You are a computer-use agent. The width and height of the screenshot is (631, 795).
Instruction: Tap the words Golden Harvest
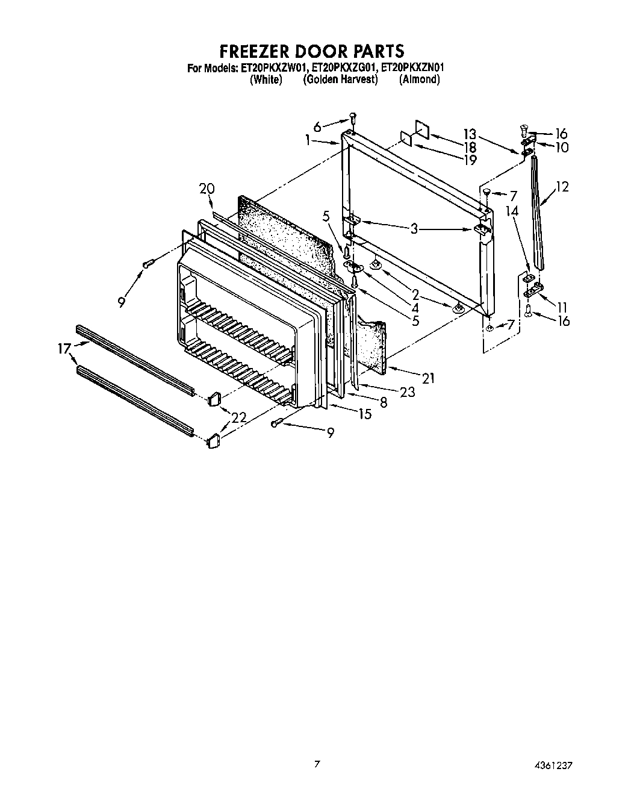pyautogui.click(x=340, y=79)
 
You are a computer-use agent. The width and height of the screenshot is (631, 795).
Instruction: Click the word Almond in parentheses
pyautogui.click(x=419, y=79)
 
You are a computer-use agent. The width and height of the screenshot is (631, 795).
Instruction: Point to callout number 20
pyautogui.click(x=207, y=189)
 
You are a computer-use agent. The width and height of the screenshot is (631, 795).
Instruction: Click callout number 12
pyautogui.click(x=562, y=187)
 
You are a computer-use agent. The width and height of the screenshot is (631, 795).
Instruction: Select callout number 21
pyautogui.click(x=428, y=378)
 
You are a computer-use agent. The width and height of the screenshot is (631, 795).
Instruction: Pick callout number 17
pyautogui.click(x=64, y=348)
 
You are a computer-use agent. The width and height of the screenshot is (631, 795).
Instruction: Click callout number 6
pyautogui.click(x=317, y=126)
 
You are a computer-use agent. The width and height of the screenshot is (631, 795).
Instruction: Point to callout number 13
pyautogui.click(x=470, y=134)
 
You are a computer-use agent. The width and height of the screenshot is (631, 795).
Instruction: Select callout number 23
pyautogui.click(x=408, y=392)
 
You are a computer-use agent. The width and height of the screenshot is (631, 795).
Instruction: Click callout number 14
pyautogui.click(x=512, y=211)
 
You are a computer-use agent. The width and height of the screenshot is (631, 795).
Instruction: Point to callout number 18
pyautogui.click(x=470, y=148)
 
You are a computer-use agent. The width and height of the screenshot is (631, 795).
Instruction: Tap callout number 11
pyautogui.click(x=562, y=307)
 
